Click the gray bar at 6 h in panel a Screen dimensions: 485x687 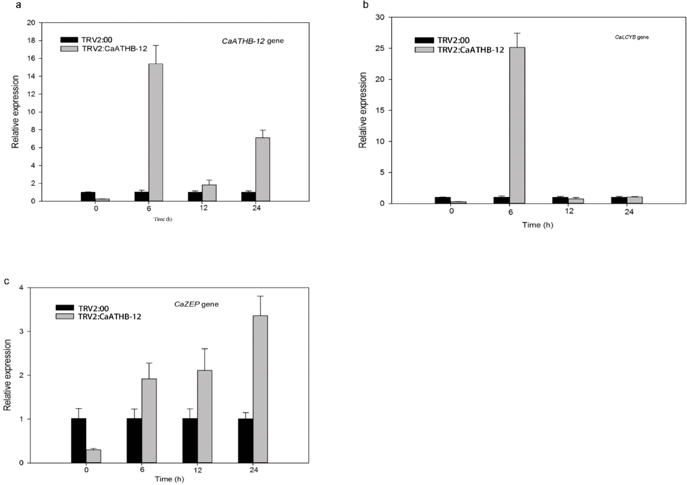click(156, 132)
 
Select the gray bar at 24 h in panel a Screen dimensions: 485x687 click(263, 169)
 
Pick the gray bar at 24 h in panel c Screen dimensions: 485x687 click(260, 389)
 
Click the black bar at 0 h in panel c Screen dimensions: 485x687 click(79, 440)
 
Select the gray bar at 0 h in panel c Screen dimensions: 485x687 click(93, 456)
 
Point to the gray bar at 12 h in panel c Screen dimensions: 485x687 click(204, 416)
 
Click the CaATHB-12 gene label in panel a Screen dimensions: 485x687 click(253, 41)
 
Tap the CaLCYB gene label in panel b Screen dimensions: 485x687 click(632, 37)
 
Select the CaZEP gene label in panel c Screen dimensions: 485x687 click(196, 304)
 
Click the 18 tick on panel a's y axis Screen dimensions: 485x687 click(31, 40)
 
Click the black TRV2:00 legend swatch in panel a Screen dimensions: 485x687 click(69, 40)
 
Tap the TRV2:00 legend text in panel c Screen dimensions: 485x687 click(93, 308)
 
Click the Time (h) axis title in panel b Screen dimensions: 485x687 click(538, 225)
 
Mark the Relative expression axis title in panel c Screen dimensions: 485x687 click(8, 375)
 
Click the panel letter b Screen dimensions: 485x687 click(366, 5)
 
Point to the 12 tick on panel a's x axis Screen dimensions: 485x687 click(203, 208)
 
